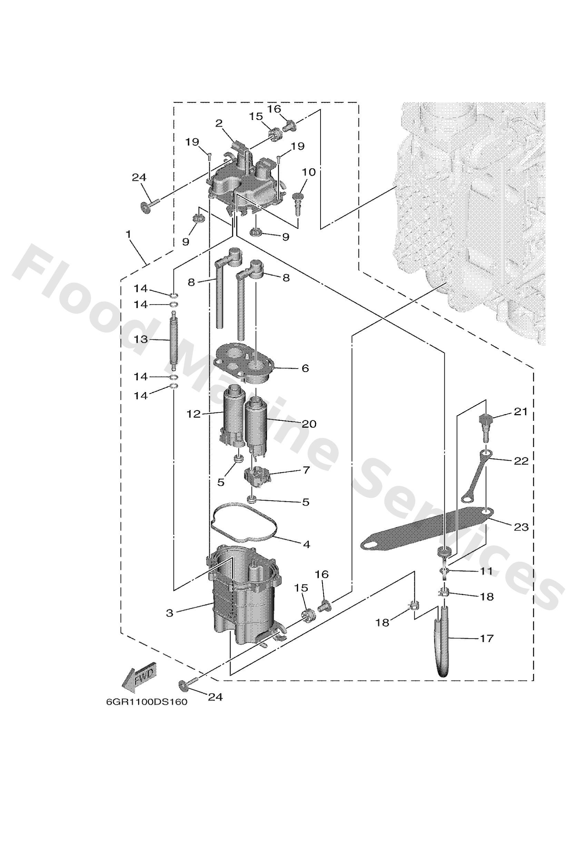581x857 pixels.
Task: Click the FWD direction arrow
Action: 140,678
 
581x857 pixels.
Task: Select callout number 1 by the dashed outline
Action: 129,234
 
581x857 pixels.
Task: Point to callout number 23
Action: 521,527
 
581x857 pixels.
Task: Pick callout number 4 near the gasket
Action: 306,544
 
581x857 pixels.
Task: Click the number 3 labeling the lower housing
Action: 170,613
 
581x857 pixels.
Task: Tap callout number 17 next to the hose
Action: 486,638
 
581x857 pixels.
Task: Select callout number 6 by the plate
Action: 305,368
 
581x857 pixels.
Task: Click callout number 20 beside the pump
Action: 309,424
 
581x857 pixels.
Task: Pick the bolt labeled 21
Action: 485,426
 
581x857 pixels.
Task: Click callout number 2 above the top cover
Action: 219,123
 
